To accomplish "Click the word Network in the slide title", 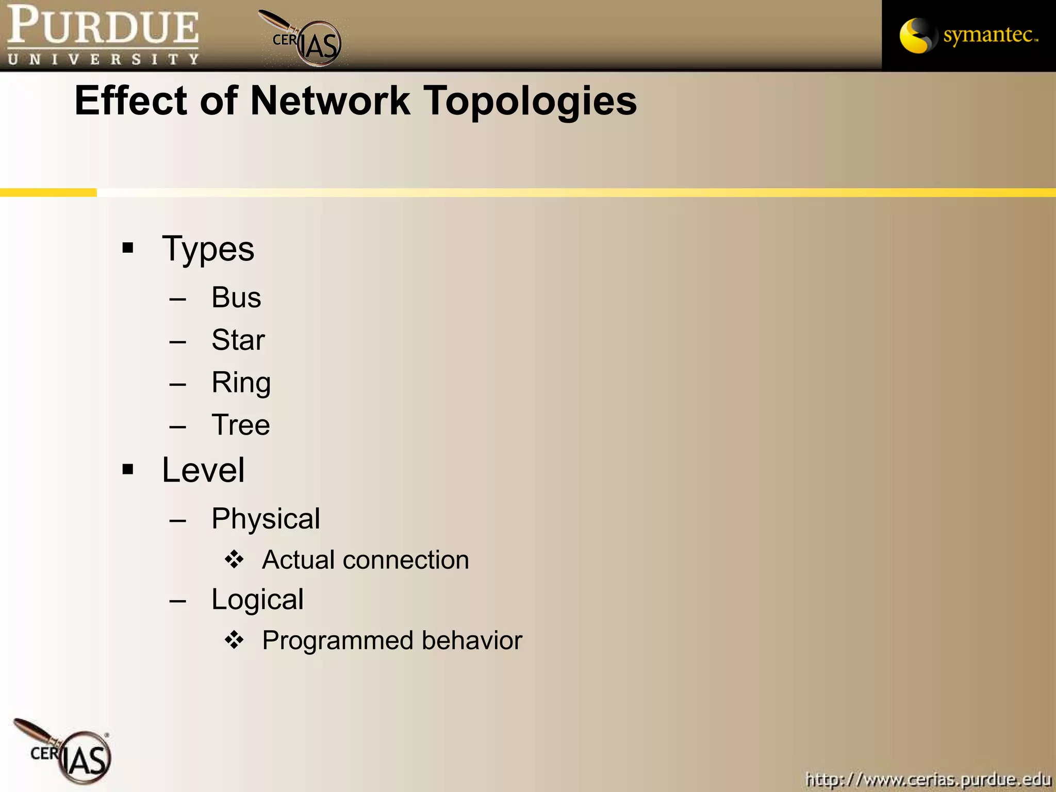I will (330, 101).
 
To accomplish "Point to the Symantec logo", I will (968, 35).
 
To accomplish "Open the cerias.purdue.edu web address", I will (928, 779).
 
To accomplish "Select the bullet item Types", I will (208, 249).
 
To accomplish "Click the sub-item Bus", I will (236, 298).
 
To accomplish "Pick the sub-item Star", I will (238, 340).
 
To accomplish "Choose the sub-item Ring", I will (241, 383).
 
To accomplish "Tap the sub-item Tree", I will (240, 425).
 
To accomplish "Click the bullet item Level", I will (203, 470).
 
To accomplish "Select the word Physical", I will (266, 519).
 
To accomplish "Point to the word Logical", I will (257, 600).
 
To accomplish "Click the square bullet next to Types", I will (128, 249).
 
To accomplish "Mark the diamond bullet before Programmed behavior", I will (234, 640).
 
